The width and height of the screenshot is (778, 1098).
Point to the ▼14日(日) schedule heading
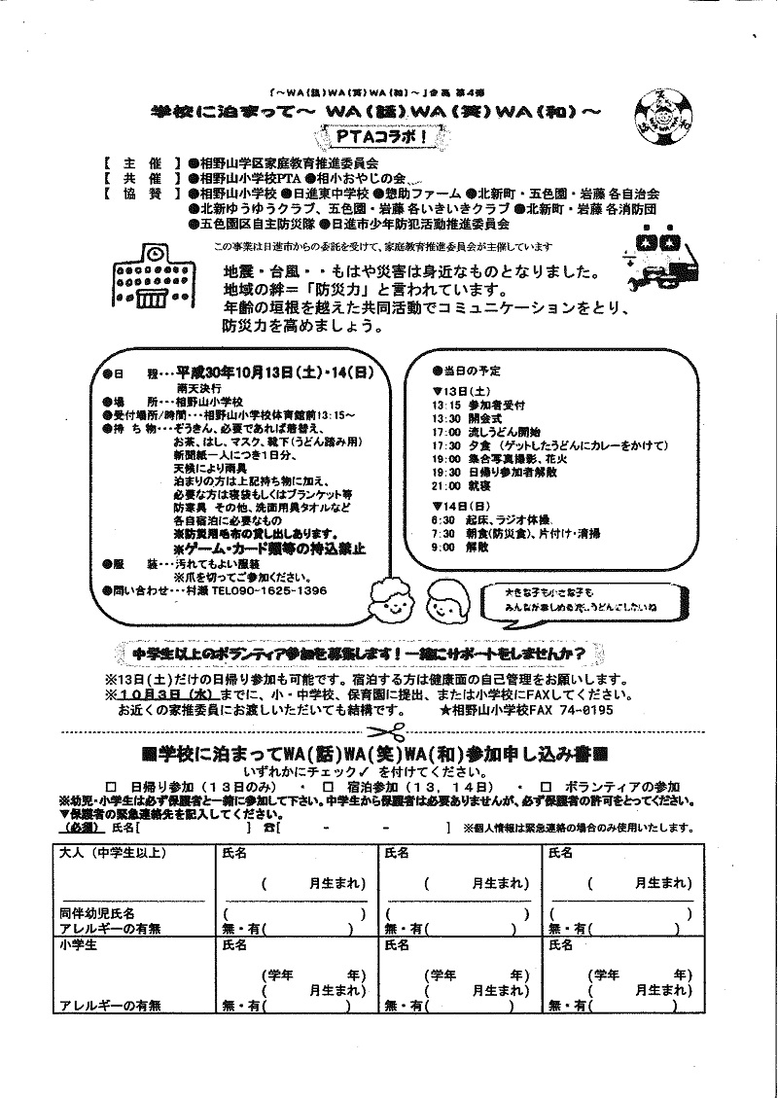coord(460,506)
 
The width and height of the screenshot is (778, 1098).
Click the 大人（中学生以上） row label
coord(114,853)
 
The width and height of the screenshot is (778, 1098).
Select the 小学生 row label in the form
coord(77,943)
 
